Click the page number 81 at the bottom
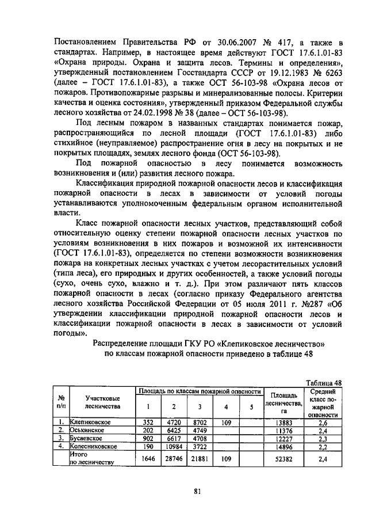(197, 491)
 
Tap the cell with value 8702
(200, 423)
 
